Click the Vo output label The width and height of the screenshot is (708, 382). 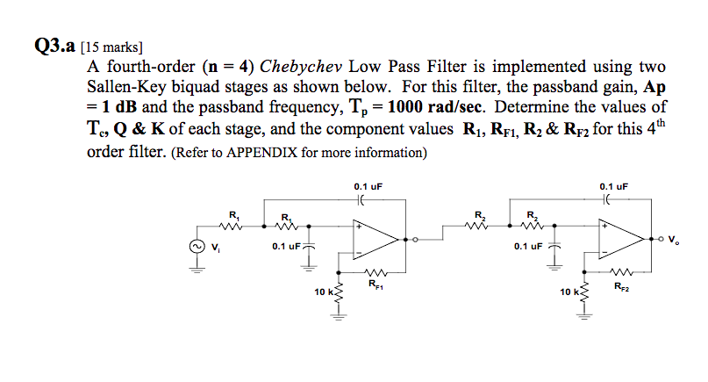(x=672, y=239)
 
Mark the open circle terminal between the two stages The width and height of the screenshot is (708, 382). (x=417, y=238)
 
